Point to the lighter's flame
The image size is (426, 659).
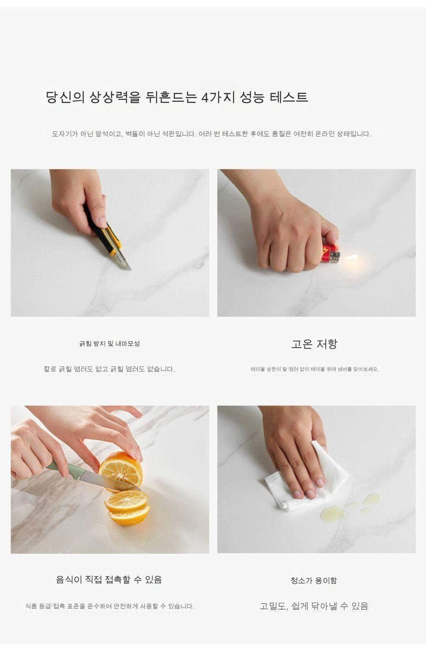click(x=351, y=258)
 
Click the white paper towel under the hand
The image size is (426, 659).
click(x=306, y=483)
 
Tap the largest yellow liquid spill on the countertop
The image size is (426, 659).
click(x=333, y=514)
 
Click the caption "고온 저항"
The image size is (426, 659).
click(x=314, y=344)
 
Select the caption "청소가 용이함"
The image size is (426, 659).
click(x=314, y=580)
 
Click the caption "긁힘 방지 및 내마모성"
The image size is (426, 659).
click(x=110, y=343)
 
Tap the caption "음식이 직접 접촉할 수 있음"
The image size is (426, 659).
click(x=109, y=579)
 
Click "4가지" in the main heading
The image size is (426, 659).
click(x=218, y=97)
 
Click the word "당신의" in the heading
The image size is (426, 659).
click(x=65, y=97)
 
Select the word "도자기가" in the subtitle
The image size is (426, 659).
click(x=65, y=134)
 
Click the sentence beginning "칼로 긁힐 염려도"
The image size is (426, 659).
click(x=109, y=369)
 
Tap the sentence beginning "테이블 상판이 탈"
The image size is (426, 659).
click(x=315, y=369)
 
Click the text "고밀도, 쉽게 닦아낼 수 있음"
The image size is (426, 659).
click(x=314, y=606)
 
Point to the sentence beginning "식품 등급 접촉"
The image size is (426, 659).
click(x=110, y=606)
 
